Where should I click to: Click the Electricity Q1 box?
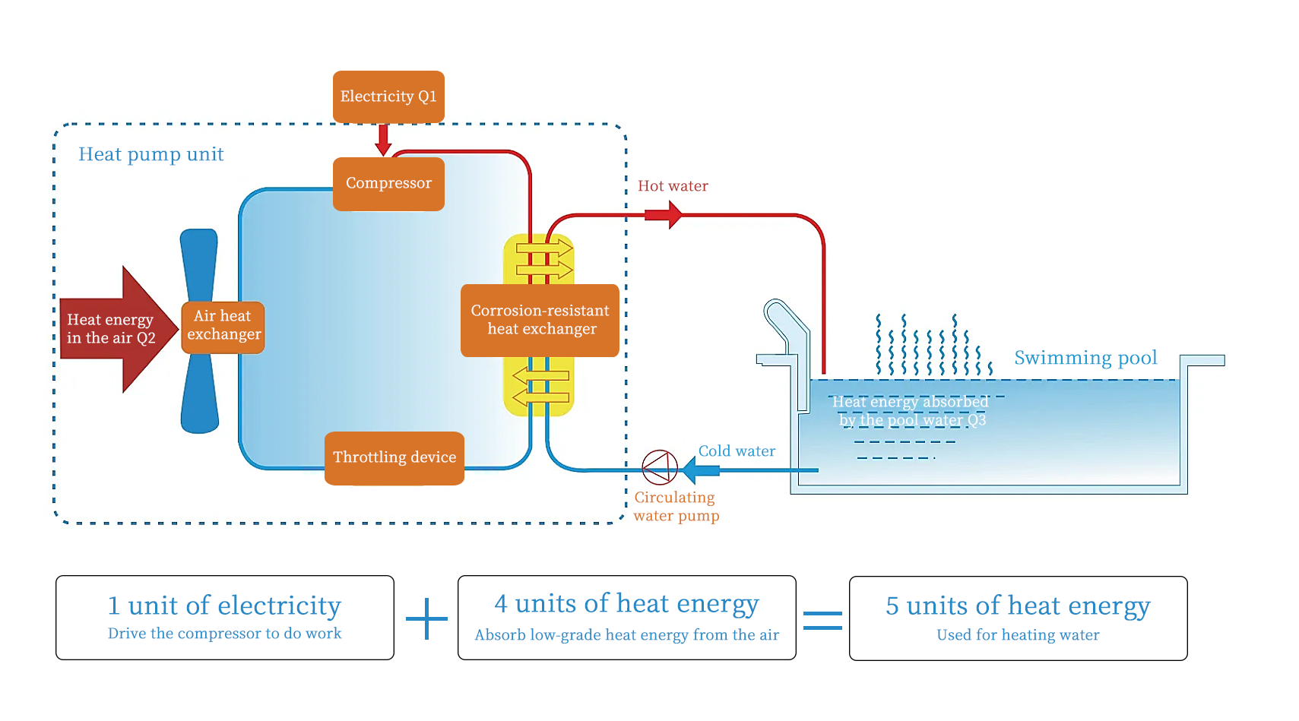click(388, 96)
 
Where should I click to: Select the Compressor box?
click(388, 184)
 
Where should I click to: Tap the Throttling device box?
click(394, 457)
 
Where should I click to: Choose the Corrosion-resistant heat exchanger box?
click(540, 320)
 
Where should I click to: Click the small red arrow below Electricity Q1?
click(383, 140)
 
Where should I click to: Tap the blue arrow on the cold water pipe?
click(700, 470)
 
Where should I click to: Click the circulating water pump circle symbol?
click(660, 467)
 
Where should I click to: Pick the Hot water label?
click(673, 186)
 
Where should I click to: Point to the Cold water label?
click(737, 451)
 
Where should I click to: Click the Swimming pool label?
click(1085, 358)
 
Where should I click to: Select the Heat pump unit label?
click(150, 154)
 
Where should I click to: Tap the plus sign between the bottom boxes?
click(426, 618)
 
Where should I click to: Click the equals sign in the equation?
click(822, 621)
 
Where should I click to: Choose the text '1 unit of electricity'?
click(224, 606)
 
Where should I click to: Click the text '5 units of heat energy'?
click(1018, 606)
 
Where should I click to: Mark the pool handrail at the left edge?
click(787, 327)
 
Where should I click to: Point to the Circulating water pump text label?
click(676, 507)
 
